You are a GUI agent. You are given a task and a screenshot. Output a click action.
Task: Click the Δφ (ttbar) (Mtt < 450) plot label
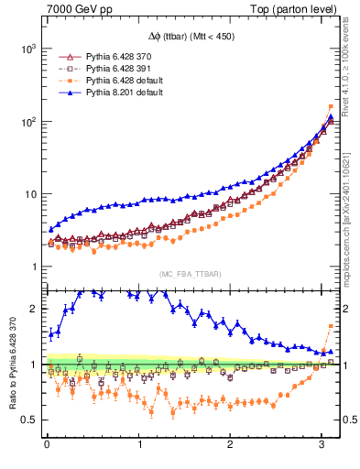click(x=191, y=36)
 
